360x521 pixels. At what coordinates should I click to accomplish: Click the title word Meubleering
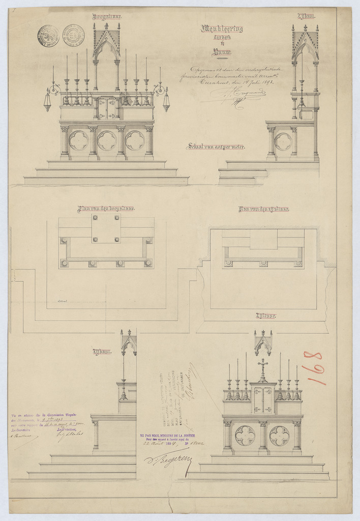pos(222,29)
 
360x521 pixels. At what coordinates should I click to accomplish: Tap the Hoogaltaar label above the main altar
pos(107,16)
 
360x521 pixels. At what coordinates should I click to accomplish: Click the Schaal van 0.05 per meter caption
pos(216,147)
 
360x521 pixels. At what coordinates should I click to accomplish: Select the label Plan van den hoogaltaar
pos(106,209)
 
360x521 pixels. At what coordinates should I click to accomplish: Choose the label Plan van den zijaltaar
pos(263,209)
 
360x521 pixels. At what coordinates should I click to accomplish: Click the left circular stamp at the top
pos(48,36)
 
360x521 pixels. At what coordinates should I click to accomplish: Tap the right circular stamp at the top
pos(73,36)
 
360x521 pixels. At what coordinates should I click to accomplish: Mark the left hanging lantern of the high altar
pos(47,100)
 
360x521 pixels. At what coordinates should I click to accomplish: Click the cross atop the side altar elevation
pos(262,364)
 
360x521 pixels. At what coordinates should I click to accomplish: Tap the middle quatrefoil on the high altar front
pos(107,140)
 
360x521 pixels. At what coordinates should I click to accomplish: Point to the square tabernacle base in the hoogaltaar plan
pos(106,228)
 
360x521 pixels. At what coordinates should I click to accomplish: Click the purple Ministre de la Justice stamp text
pos(172,439)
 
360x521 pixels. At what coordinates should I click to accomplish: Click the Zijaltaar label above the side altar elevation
pos(265,316)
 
